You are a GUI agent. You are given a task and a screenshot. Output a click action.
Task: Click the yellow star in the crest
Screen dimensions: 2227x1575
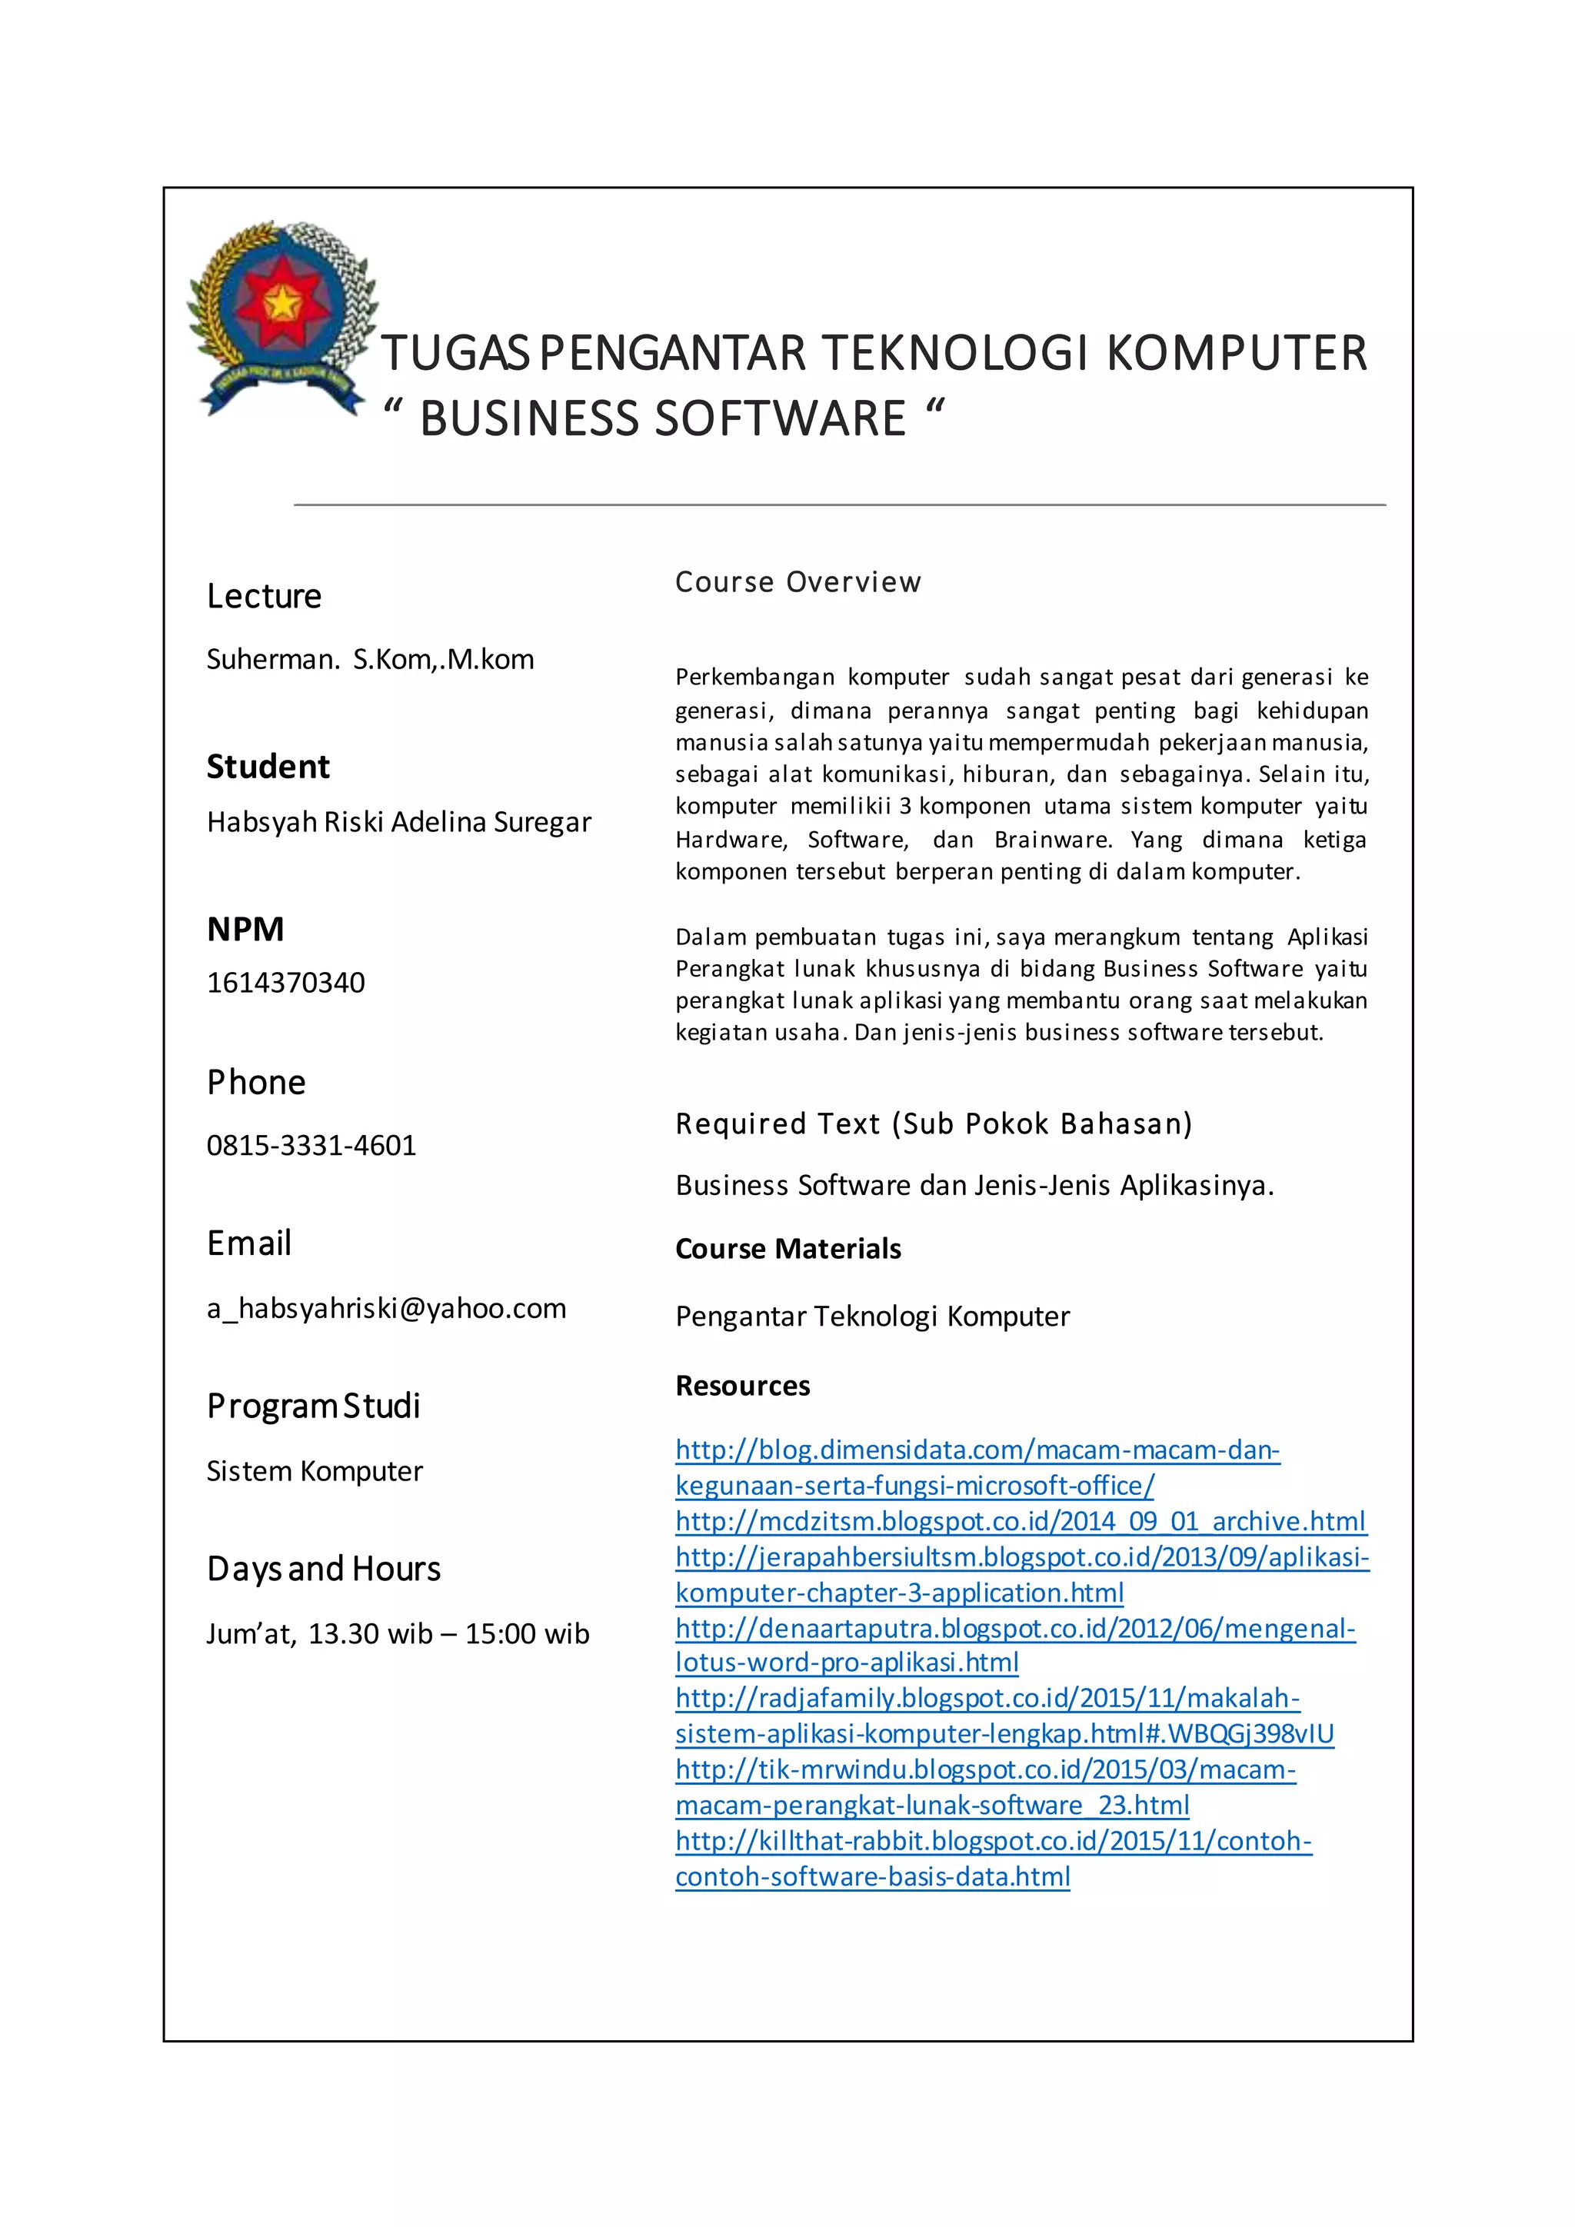pyautogui.click(x=282, y=303)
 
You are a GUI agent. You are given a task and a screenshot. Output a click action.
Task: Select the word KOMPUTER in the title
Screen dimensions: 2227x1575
pyautogui.click(x=1237, y=353)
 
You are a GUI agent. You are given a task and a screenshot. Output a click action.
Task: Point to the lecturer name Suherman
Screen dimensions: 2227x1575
pyautogui.click(x=272, y=660)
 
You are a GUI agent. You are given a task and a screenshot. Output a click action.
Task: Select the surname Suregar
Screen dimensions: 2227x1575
pyautogui.click(x=542, y=823)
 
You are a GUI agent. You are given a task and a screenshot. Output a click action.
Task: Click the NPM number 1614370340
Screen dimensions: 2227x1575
pyautogui.click(x=286, y=983)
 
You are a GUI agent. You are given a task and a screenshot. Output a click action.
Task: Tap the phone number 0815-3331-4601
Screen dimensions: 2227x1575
pyautogui.click(x=311, y=1146)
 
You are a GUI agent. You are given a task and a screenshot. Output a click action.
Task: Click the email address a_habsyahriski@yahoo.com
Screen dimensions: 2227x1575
pyautogui.click(x=386, y=1309)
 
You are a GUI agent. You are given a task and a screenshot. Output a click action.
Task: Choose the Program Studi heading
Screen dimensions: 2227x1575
pyautogui.click(x=313, y=1406)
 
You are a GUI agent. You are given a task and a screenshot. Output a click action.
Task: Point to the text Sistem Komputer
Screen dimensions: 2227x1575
pyautogui.click(x=315, y=1471)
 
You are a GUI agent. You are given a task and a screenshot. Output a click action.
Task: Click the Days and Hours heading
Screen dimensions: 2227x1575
pyautogui.click(x=324, y=1569)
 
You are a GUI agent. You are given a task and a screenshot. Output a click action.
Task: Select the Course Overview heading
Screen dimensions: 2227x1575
pyautogui.click(x=798, y=582)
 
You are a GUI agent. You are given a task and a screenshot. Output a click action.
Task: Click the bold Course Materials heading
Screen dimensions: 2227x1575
pyautogui.click(x=788, y=1250)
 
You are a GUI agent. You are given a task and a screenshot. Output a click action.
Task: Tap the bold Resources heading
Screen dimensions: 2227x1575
pyautogui.click(x=743, y=1386)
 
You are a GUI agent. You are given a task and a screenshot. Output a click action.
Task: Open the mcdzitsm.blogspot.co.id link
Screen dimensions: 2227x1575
pyautogui.click(x=1021, y=1521)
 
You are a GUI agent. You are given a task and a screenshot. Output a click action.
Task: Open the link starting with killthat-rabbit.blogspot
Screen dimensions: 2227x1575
pyautogui.click(x=993, y=1841)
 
